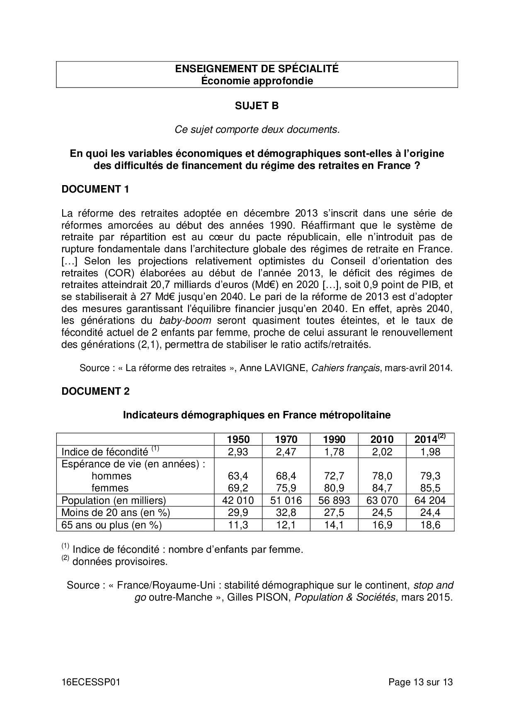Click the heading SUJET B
(257, 106)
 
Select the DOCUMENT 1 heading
(95, 189)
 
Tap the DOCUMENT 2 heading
(95, 391)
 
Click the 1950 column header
(238, 440)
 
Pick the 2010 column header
(382, 440)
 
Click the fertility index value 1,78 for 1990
(334, 452)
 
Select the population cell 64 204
(430, 500)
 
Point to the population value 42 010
(238, 500)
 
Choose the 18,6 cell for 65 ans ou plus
(430, 525)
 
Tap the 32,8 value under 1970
(286, 512)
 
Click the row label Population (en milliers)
(114, 500)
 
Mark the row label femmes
(110, 488)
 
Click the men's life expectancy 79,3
(430, 476)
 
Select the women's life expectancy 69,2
(238, 488)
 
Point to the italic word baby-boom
(185, 320)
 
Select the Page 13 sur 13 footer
(420, 682)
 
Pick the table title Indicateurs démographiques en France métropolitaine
(257, 415)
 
